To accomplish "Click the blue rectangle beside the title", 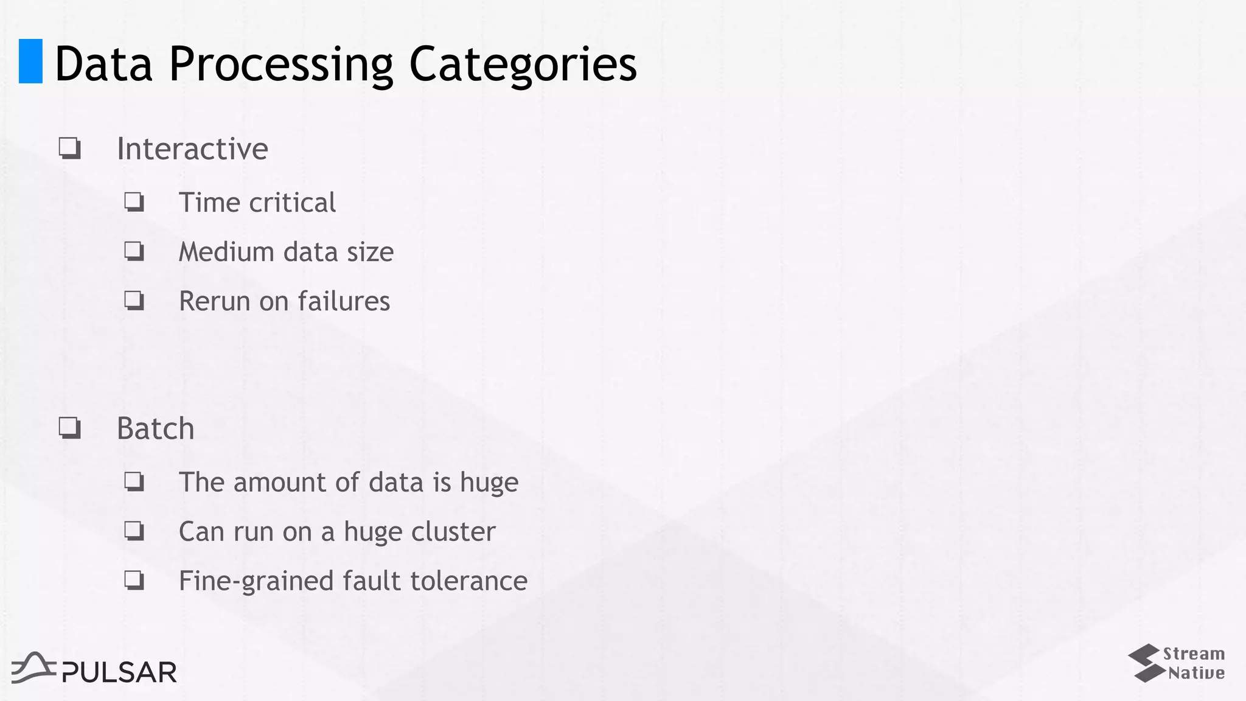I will pos(30,61).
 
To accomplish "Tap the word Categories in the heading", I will pos(523,65).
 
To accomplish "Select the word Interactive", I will pos(192,149).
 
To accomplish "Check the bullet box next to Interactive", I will pos(70,148).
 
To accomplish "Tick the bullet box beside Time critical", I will pos(134,201).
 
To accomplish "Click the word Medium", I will pos(226,252).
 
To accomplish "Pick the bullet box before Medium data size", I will pos(134,251).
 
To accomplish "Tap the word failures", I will pos(344,301).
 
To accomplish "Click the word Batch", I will pos(155,429).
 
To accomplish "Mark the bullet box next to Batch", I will pos(70,428).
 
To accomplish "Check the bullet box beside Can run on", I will pos(134,531).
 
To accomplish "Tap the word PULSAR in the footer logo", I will pos(119,672).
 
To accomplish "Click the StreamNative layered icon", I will pos(1144,663).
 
